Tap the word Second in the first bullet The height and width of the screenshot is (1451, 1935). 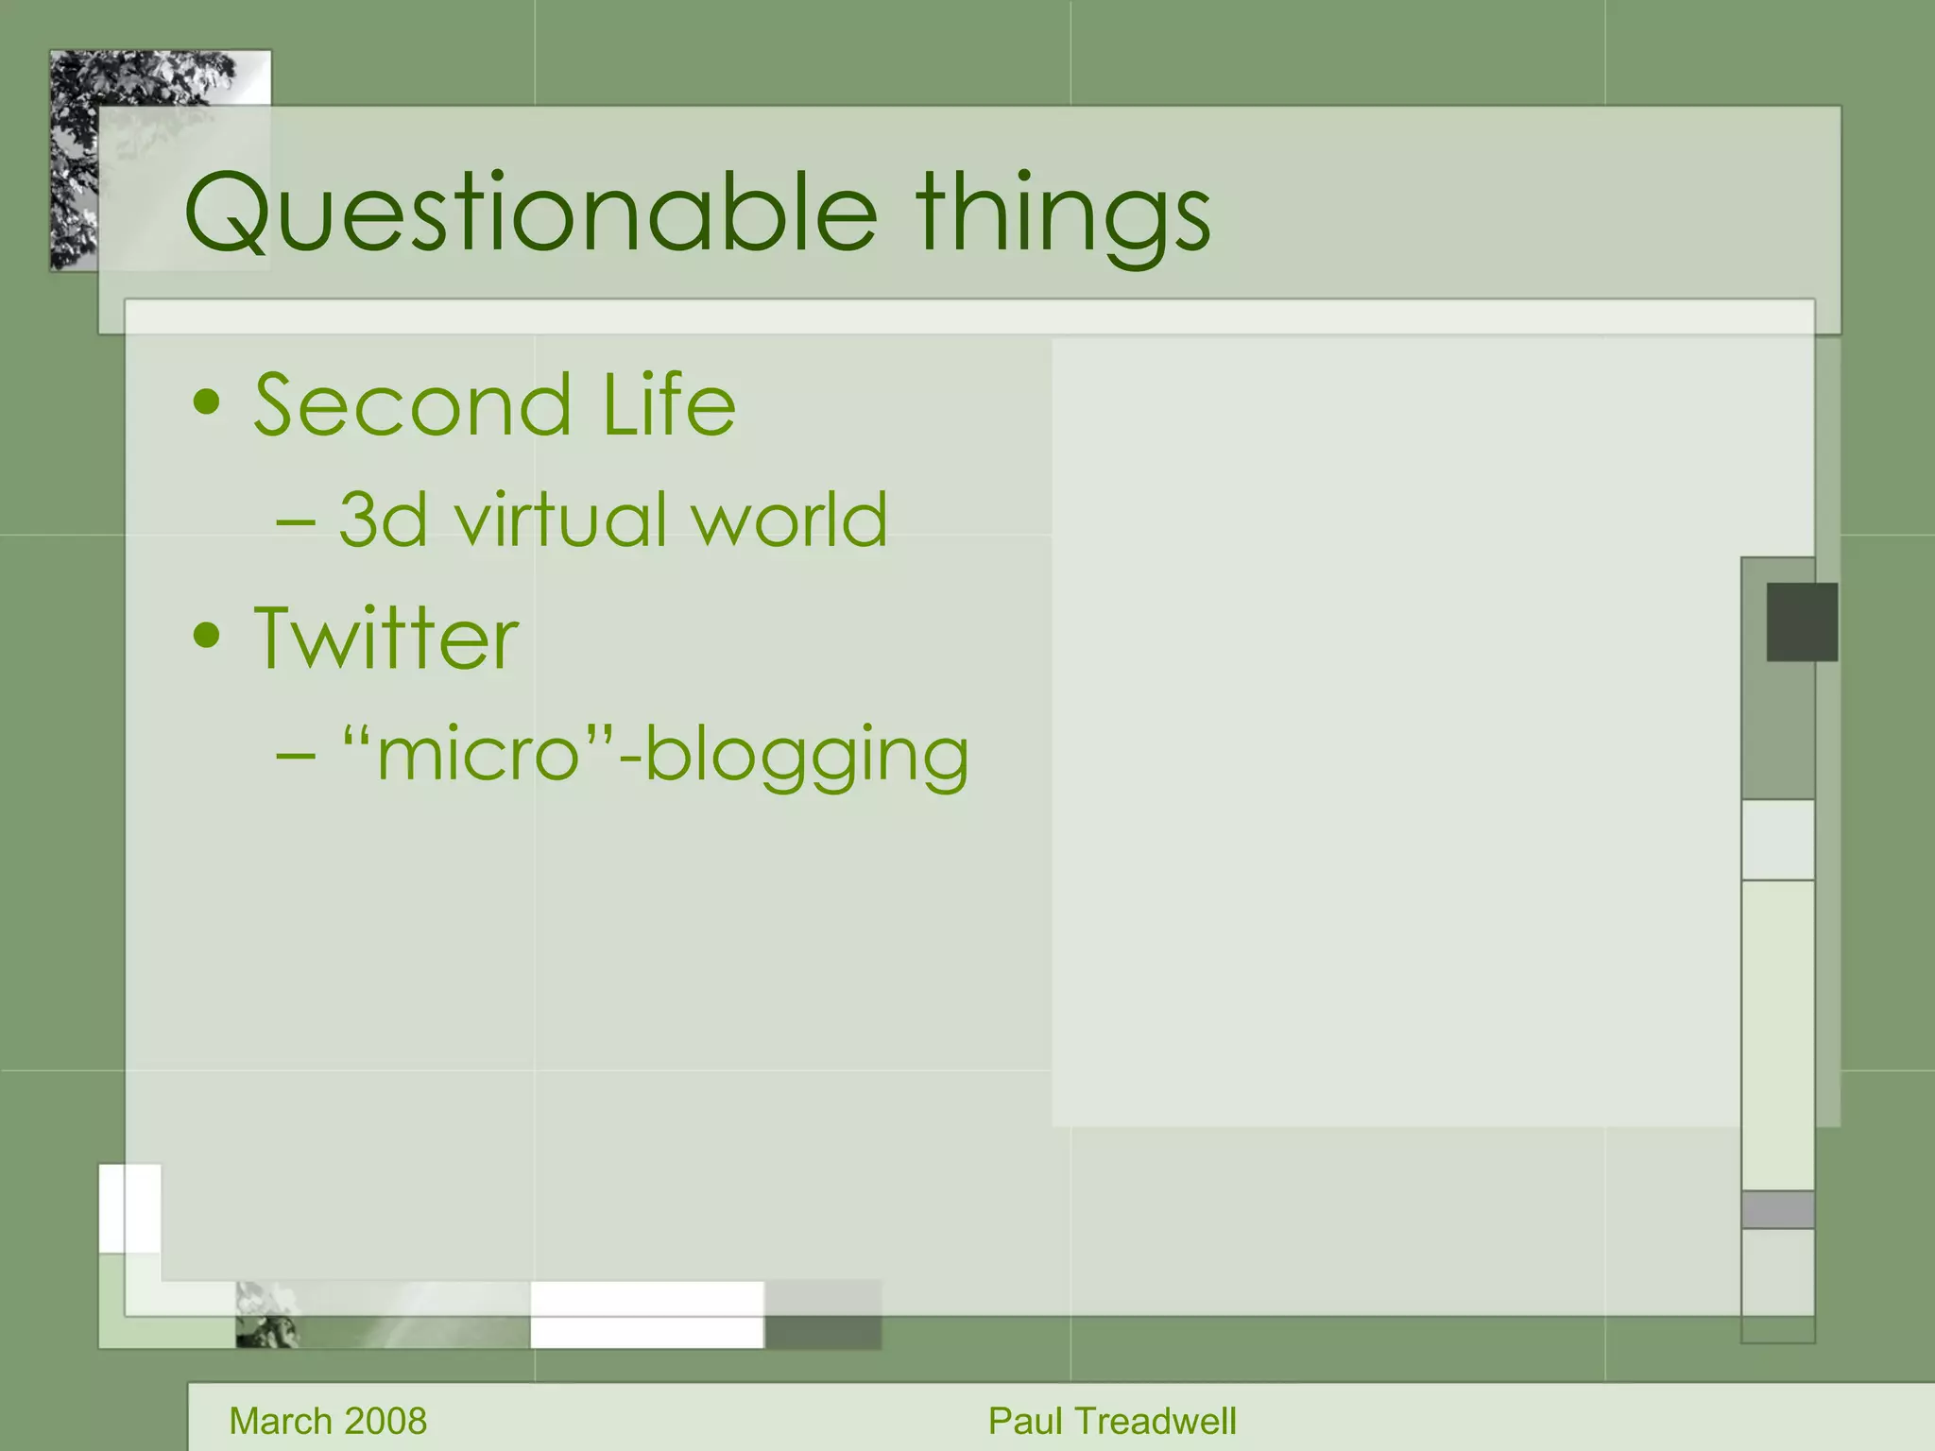click(413, 406)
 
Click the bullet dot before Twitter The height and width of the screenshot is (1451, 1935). click(206, 636)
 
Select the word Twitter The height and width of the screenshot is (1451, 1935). click(386, 640)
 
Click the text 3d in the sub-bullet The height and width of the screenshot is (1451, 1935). click(383, 520)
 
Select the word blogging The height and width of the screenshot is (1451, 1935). click(807, 756)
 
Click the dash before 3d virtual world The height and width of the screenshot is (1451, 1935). click(296, 521)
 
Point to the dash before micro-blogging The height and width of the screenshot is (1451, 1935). click(296, 756)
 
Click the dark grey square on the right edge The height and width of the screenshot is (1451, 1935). click(1802, 622)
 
